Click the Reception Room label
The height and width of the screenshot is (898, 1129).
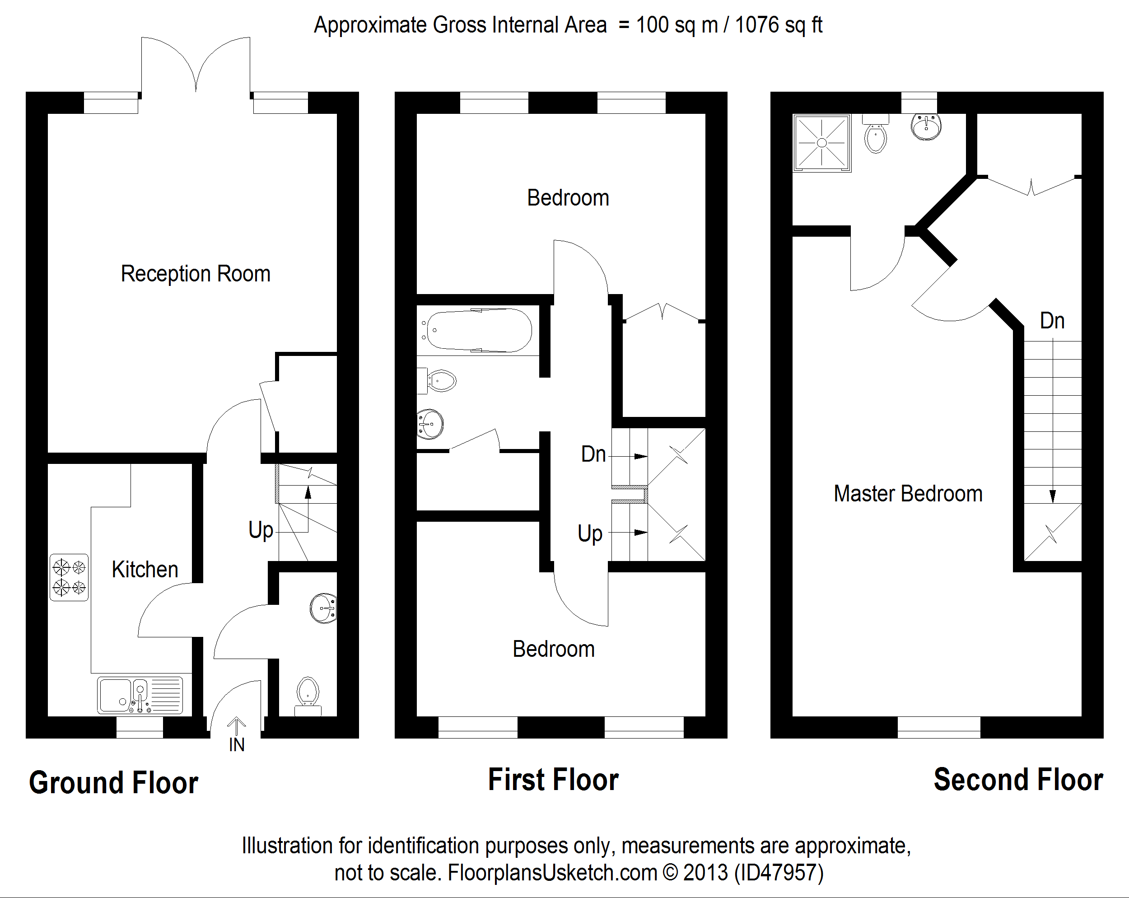pyautogui.click(x=196, y=273)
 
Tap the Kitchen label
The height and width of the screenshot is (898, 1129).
pyautogui.click(x=145, y=570)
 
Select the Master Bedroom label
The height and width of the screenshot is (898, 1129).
pyautogui.click(x=908, y=494)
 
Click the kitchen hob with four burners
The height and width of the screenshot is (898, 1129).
pyautogui.click(x=69, y=577)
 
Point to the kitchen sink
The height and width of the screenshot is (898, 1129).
pyautogui.click(x=140, y=695)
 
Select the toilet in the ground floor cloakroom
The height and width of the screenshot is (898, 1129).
pyautogui.click(x=308, y=694)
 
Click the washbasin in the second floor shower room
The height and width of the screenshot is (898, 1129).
pyautogui.click(x=926, y=126)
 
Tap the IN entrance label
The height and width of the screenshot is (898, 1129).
pyautogui.click(x=237, y=744)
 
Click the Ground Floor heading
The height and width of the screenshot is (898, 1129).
pyautogui.click(x=114, y=783)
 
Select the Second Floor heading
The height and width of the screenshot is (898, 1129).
pyautogui.click(x=1018, y=780)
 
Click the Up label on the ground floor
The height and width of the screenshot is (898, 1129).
pyautogui.click(x=261, y=530)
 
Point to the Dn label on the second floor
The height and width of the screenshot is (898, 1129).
pyautogui.click(x=1052, y=321)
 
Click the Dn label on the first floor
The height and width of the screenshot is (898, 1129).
pyautogui.click(x=593, y=454)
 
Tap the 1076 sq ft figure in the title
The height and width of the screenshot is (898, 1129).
pyautogui.click(x=779, y=25)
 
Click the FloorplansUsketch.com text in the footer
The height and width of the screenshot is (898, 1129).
pyautogui.click(x=552, y=873)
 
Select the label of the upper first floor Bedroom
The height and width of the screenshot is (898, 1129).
pyautogui.click(x=568, y=198)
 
